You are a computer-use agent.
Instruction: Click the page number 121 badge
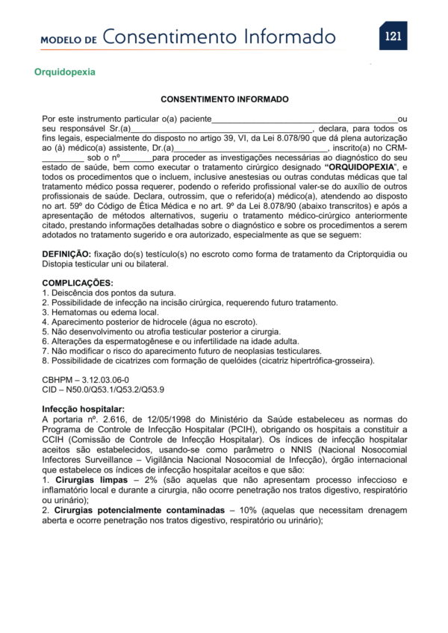coord(393,36)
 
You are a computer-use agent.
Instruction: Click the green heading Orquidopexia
coord(64,72)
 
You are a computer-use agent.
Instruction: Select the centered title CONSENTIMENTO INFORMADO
coord(225,99)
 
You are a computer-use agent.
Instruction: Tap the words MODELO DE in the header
coord(69,39)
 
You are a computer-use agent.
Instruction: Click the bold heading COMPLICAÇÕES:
coord(78,283)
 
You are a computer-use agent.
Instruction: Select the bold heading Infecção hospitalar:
coord(83,409)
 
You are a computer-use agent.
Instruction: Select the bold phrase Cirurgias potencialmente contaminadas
coord(140,510)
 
